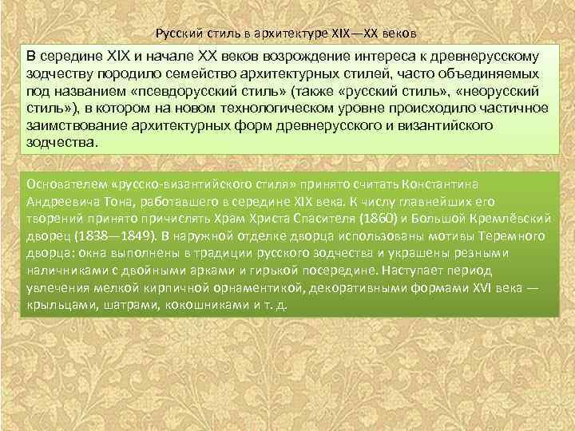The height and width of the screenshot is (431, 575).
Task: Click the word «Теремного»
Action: point(509,235)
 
